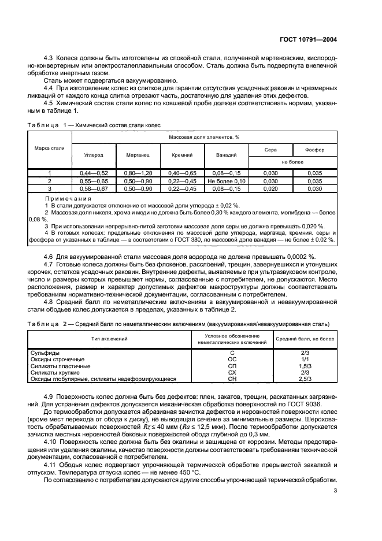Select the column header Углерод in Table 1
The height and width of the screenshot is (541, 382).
pyautogui.click(x=94, y=155)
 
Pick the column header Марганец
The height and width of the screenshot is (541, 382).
pyautogui.click(x=138, y=155)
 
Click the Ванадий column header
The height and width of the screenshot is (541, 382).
pyautogui.click(x=226, y=155)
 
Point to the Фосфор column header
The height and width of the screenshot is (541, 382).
pyautogui.click(x=314, y=149)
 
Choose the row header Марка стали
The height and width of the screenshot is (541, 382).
pyautogui.click(x=50, y=149)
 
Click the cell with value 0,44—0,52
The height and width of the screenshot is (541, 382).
pyautogui.click(x=94, y=173)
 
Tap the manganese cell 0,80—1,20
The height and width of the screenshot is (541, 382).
pyautogui.click(x=138, y=173)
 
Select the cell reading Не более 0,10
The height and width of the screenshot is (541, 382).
pyautogui.click(x=226, y=181)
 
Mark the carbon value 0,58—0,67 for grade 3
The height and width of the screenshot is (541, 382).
pyautogui.click(x=94, y=188)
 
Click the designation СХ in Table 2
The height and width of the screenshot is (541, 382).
pyautogui.click(x=232, y=372)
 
